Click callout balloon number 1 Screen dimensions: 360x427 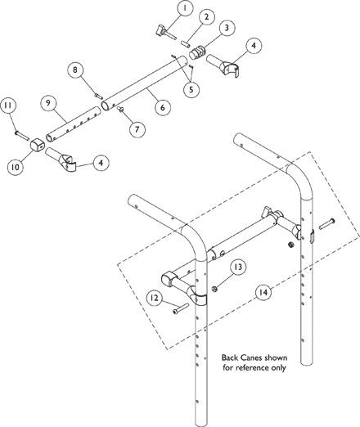(185, 8)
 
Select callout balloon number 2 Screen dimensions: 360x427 (206, 17)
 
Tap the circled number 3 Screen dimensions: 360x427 (226, 28)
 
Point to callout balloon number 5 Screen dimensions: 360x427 (191, 89)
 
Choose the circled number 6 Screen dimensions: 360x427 (163, 107)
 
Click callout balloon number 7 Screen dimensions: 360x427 (137, 128)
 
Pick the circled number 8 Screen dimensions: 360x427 (75, 70)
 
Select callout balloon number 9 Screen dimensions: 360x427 (48, 103)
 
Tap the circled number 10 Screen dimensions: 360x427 (16, 167)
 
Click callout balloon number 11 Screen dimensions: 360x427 (8, 106)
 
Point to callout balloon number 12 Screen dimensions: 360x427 (155, 298)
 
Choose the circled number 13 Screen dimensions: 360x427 (238, 267)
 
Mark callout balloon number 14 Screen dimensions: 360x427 (263, 293)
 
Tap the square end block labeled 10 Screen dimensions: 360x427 (37, 145)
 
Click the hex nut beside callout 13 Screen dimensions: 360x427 (214, 289)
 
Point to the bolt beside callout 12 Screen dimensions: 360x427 (181, 308)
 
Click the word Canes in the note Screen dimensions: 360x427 (248, 357)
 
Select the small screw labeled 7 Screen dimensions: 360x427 (120, 109)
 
